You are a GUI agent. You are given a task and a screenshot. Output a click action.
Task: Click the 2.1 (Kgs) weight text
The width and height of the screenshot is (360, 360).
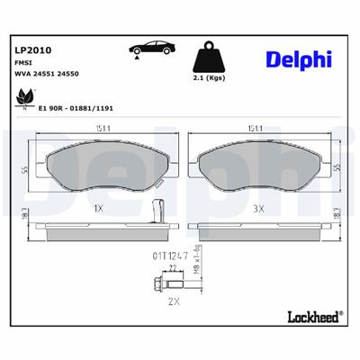pyautogui.click(x=210, y=79)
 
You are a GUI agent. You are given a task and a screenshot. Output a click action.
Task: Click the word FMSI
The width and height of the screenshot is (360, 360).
pyautogui.click(x=24, y=63)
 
